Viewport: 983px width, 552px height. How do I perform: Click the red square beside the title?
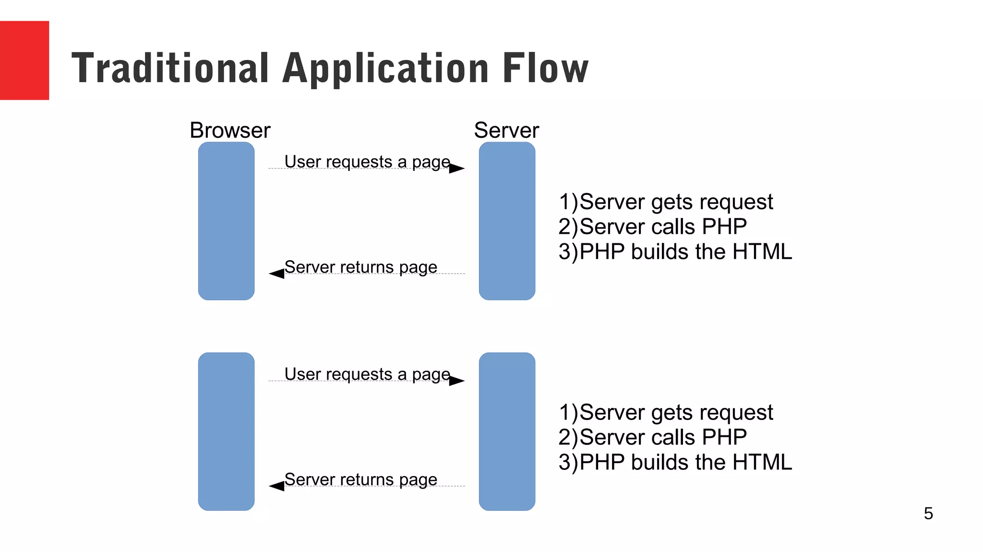click(24, 60)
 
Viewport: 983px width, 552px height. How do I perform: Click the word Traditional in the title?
click(170, 68)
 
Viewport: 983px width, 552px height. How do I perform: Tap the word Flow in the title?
click(545, 68)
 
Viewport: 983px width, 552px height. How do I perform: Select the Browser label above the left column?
click(230, 131)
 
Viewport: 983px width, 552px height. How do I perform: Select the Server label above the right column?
click(506, 131)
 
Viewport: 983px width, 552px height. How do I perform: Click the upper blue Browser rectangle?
click(226, 221)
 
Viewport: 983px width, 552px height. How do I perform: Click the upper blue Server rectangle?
click(507, 221)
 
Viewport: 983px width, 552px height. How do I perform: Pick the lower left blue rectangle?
click(226, 432)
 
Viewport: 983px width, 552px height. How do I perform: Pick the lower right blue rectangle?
click(507, 432)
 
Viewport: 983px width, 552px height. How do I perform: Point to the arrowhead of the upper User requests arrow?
click(457, 168)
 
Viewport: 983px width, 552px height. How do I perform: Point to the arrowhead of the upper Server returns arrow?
click(276, 274)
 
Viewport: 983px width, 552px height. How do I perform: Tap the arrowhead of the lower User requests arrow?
click(457, 381)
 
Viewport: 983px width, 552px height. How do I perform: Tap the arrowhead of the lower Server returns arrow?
click(276, 486)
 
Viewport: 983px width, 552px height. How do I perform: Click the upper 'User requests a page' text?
click(367, 162)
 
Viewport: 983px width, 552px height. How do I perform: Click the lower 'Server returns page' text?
click(360, 480)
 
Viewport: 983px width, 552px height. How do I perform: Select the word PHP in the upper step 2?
click(724, 227)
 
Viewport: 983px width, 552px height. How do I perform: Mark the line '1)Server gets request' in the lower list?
click(666, 412)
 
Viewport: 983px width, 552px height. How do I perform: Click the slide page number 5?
click(928, 514)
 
